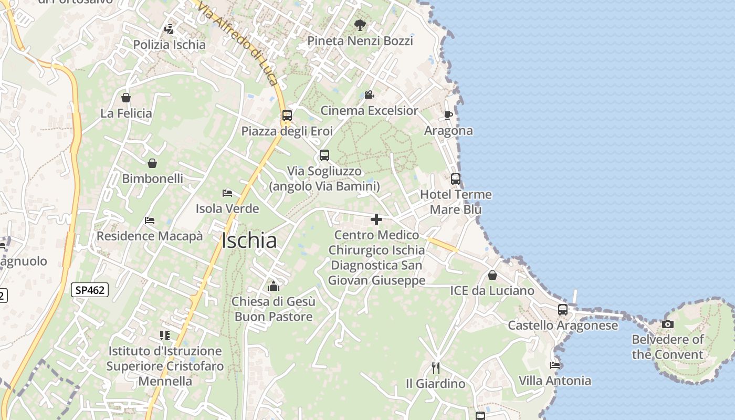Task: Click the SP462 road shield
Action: [90, 290]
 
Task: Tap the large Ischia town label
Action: [249, 240]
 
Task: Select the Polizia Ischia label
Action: [169, 45]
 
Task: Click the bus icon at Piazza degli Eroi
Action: [287, 115]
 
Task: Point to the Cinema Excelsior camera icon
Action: [369, 95]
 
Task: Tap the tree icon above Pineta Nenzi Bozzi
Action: [360, 25]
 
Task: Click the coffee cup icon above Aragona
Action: [448, 115]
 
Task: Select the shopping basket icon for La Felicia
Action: [126, 98]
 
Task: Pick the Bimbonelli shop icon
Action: [152, 163]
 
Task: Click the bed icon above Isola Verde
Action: [227, 193]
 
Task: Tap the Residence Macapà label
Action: [150, 236]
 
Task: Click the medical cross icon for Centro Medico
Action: [376, 219]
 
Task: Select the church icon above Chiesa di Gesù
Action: [274, 286]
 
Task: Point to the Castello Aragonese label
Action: [563, 325]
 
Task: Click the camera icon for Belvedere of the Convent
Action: [668, 324]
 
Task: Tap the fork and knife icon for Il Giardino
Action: [435, 367]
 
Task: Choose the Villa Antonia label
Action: [555, 381]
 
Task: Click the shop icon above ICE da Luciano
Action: [492, 275]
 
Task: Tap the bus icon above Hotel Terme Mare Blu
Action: [456, 179]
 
